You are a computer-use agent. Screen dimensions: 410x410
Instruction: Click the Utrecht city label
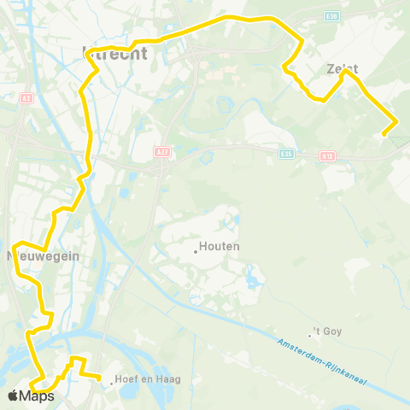(x=114, y=53)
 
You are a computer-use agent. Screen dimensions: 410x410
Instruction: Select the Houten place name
(x=220, y=246)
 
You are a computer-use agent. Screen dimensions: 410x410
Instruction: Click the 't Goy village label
(x=328, y=331)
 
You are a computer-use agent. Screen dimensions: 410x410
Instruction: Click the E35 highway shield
(x=286, y=155)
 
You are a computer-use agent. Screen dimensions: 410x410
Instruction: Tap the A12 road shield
(x=328, y=156)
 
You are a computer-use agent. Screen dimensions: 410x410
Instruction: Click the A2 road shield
(x=26, y=99)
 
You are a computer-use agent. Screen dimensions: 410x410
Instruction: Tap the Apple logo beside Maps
(x=14, y=395)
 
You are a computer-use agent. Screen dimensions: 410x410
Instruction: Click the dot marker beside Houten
(x=196, y=250)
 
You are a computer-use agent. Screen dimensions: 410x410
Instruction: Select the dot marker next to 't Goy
(x=311, y=334)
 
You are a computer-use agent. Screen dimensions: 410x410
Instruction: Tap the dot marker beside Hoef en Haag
(x=112, y=383)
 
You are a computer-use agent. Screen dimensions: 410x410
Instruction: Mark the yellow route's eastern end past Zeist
(x=385, y=133)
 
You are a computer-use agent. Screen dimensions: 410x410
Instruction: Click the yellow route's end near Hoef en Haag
(x=99, y=377)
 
